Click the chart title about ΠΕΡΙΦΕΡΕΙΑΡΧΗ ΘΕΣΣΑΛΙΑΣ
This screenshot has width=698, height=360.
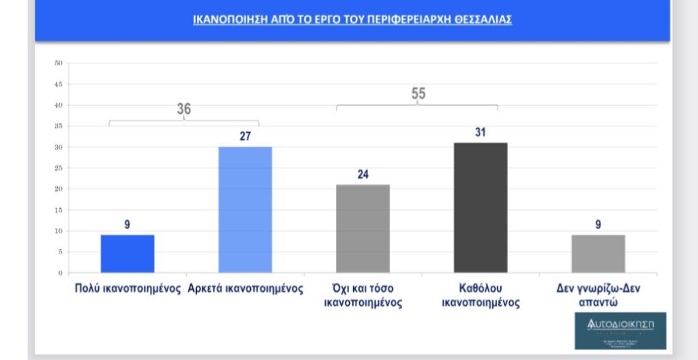click(x=352, y=20)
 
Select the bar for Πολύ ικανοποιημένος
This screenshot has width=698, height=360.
click(x=127, y=254)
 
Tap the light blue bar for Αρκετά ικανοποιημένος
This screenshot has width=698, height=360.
click(x=245, y=210)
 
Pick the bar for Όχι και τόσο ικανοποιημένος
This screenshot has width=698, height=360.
click(x=363, y=228)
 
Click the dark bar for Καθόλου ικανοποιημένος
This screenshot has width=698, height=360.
click(x=480, y=208)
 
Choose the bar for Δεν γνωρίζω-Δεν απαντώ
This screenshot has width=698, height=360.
click(x=598, y=254)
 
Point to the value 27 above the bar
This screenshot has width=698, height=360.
click(x=245, y=136)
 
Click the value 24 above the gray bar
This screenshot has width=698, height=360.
click(x=363, y=175)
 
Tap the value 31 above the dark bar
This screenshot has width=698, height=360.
click(x=480, y=132)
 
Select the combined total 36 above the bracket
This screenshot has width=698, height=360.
click(x=184, y=109)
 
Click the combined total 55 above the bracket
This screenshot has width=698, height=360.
click(x=419, y=94)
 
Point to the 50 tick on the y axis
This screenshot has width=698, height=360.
click(x=59, y=63)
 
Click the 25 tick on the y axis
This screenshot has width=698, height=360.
click(x=59, y=168)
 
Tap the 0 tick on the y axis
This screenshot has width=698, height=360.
click(x=60, y=273)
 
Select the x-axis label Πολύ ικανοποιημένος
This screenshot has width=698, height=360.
click(x=127, y=288)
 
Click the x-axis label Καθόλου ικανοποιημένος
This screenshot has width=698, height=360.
click(x=481, y=295)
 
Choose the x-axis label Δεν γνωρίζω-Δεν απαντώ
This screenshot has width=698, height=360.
click(x=598, y=295)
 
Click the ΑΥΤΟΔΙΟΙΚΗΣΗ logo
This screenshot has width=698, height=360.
click(x=620, y=330)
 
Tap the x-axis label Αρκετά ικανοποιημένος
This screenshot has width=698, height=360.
click(x=245, y=288)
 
